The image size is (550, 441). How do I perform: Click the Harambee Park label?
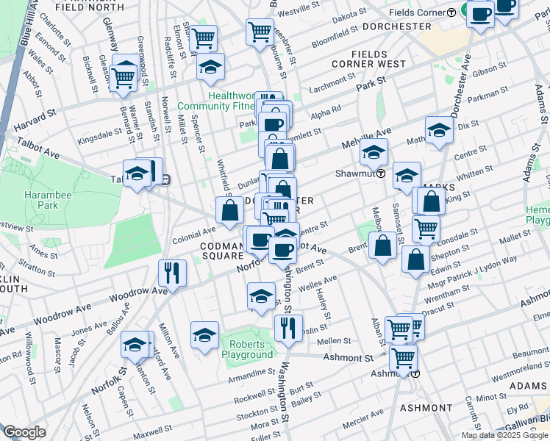(40, 201)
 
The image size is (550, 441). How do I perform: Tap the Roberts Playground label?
(251, 349)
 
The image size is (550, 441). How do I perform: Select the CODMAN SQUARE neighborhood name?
(224, 250)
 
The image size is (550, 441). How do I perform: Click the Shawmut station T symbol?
(382, 174)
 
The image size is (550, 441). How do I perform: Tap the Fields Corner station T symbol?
(450, 13)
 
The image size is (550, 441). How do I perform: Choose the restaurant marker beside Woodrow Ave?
(172, 273)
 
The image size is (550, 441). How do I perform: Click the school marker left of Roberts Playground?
(204, 336)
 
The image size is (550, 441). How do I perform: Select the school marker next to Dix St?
(439, 131)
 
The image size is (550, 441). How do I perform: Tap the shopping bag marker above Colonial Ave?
(230, 210)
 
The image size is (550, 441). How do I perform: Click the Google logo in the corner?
(25, 432)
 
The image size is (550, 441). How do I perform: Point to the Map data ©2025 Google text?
(504, 435)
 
